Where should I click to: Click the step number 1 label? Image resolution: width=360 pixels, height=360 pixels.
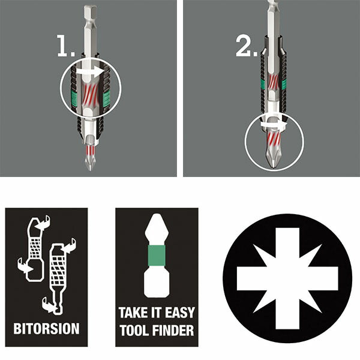(x=66, y=46)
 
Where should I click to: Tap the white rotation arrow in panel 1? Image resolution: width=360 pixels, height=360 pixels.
(x=90, y=71)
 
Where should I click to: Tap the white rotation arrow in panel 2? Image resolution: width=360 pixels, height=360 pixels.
(x=274, y=124)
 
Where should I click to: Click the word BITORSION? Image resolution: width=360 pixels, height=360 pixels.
(x=46, y=328)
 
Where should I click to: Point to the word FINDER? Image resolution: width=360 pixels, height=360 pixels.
(x=173, y=331)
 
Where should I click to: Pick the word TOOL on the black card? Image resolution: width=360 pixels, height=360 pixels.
(x=134, y=331)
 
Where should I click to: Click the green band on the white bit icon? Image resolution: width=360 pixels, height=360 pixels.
(x=157, y=256)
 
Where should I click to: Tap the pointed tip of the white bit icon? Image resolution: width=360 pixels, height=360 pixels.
(x=157, y=215)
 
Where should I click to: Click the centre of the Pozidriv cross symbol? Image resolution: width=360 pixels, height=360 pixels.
(x=287, y=278)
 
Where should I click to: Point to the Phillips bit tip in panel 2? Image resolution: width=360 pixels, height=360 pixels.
(x=272, y=157)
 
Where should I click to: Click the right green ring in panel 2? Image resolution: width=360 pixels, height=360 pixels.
(x=284, y=85)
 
